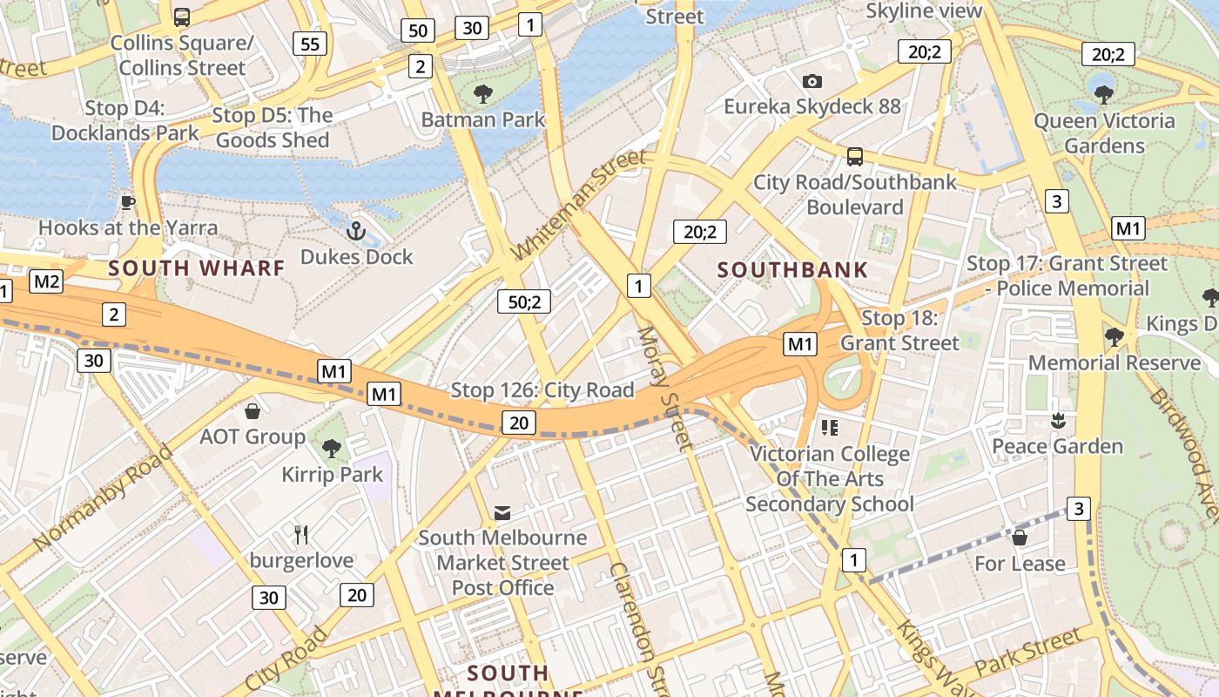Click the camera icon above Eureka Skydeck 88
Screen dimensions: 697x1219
(x=812, y=81)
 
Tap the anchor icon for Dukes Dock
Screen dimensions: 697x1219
(x=355, y=231)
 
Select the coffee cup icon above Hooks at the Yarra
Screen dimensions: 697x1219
(x=128, y=202)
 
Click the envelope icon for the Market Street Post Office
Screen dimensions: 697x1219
(x=502, y=512)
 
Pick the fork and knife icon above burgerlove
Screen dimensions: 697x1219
(x=301, y=534)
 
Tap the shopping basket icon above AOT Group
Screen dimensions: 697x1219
(x=253, y=410)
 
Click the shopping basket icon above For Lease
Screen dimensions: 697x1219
(x=1019, y=538)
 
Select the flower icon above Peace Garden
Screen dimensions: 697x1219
(x=1058, y=421)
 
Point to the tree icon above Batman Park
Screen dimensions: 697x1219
(x=482, y=93)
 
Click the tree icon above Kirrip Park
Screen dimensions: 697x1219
(x=331, y=449)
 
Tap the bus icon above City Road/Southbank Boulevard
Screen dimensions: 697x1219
(x=854, y=157)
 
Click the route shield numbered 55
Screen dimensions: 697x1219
(x=310, y=44)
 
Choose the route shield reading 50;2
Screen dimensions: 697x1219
(x=524, y=301)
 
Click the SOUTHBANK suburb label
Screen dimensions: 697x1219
(x=792, y=269)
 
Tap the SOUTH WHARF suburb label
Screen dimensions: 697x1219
(x=197, y=268)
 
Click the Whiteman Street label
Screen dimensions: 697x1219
(x=578, y=204)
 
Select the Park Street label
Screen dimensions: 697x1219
(x=1028, y=654)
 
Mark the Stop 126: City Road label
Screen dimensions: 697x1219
(x=542, y=390)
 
